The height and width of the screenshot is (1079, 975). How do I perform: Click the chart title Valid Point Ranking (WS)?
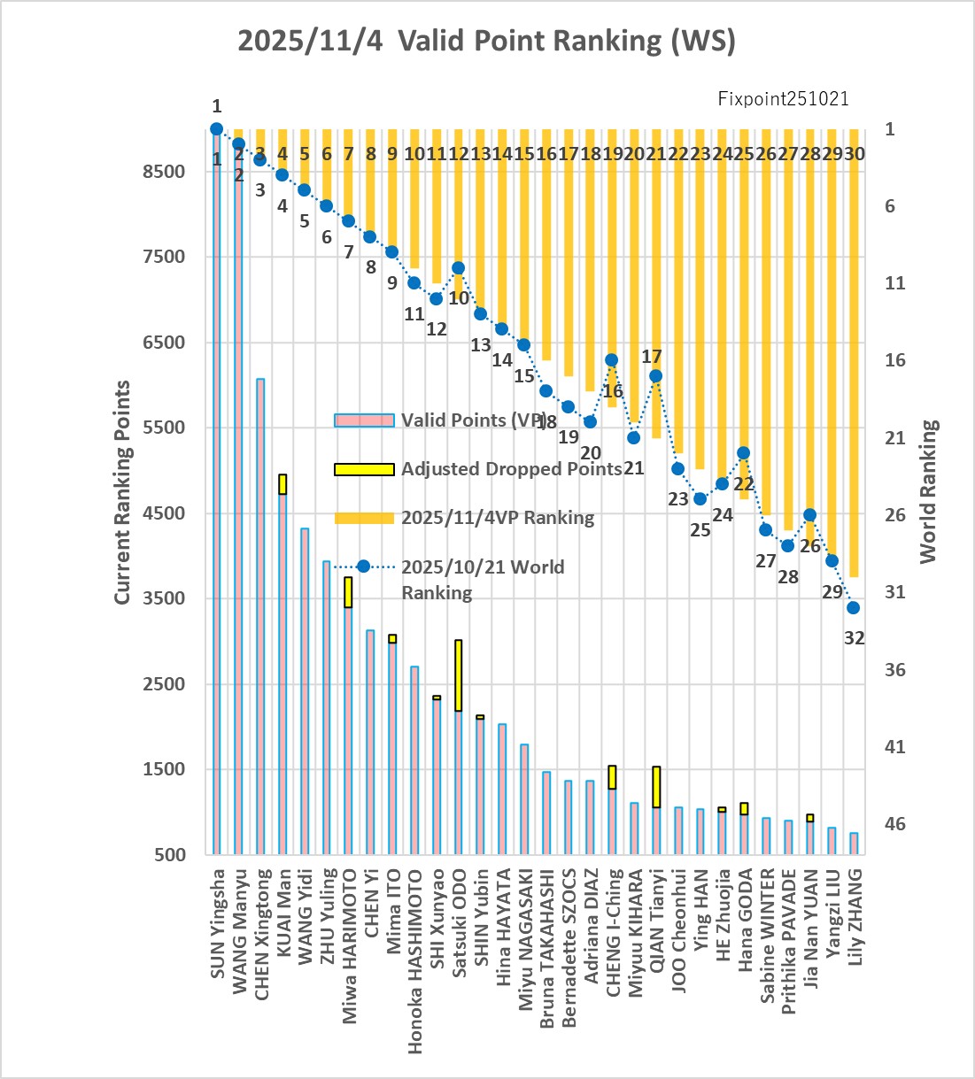point(486,41)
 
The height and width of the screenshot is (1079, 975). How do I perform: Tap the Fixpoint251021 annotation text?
point(783,98)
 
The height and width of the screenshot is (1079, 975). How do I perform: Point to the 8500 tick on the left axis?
point(164,172)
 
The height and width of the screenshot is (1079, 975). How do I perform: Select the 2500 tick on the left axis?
point(164,684)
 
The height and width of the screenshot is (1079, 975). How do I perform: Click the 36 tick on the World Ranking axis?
point(895,670)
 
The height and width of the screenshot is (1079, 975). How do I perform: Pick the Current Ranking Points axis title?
point(122,492)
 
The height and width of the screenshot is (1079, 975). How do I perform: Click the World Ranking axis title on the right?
point(927,492)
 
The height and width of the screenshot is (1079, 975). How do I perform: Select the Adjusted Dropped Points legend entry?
point(511,469)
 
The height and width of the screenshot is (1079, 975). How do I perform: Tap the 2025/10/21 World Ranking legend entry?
point(483,579)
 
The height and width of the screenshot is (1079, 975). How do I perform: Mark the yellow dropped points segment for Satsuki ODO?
point(459,674)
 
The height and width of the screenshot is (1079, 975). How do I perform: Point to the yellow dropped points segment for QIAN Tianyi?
point(656,787)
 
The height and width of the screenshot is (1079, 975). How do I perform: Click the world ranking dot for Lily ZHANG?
point(854,608)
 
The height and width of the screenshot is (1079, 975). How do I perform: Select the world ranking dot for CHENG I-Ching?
point(612,360)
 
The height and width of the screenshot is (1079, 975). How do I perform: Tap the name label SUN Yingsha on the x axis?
point(218,924)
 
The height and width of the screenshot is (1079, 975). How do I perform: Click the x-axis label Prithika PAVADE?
point(789,942)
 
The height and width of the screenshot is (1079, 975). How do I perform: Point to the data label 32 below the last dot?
point(854,637)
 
